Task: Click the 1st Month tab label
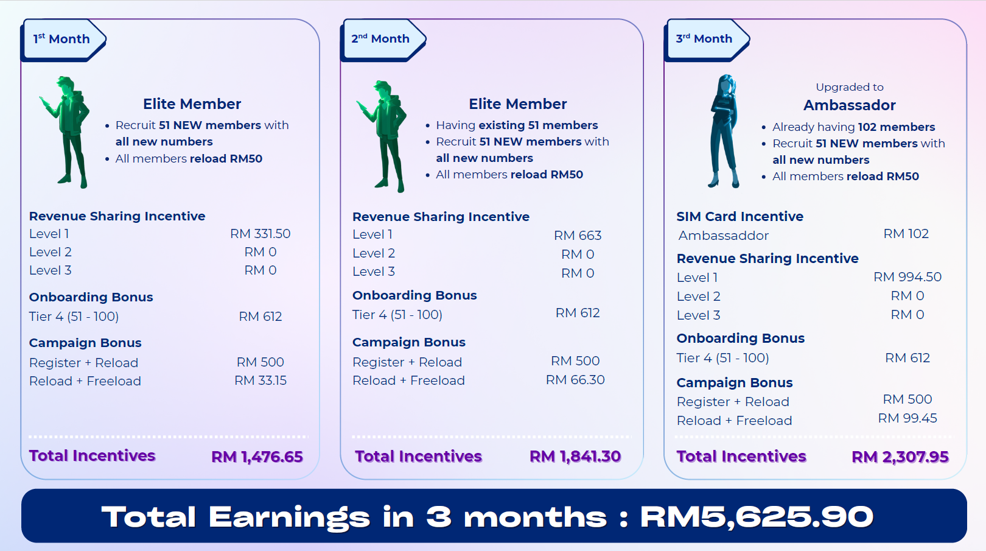tap(61, 39)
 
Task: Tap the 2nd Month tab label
tap(380, 39)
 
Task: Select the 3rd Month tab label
tap(704, 39)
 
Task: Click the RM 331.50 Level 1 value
tap(260, 233)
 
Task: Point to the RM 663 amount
tap(578, 235)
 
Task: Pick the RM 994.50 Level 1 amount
tap(907, 276)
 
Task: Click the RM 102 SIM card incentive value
tap(906, 233)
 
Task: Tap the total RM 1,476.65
tap(257, 457)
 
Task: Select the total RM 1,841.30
tap(575, 457)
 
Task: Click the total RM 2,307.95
tap(900, 457)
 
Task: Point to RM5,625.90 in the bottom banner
tap(757, 516)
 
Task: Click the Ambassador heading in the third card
tap(849, 105)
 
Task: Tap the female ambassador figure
tap(724, 132)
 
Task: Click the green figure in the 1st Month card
tap(66, 132)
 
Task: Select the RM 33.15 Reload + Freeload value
tap(260, 380)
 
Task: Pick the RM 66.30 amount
tap(575, 379)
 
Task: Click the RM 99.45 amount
tap(907, 418)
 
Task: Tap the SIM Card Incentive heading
tap(739, 216)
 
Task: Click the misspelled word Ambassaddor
tap(723, 235)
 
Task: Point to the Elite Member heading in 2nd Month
tap(517, 104)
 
